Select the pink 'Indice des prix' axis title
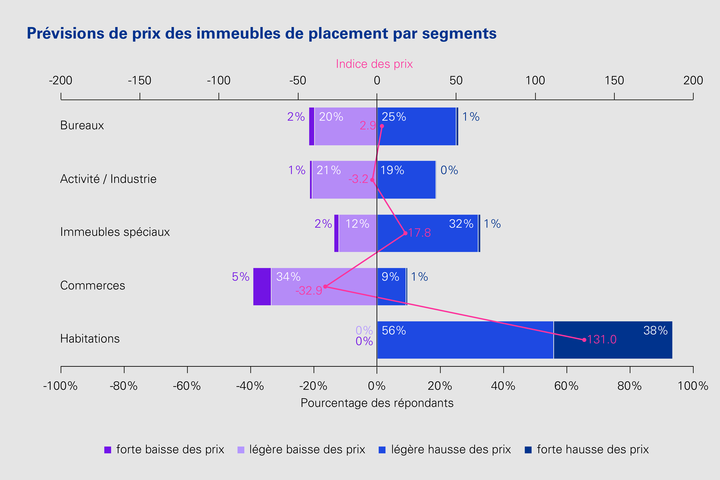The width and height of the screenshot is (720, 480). click(x=374, y=64)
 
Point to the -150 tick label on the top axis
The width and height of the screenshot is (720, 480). click(x=140, y=80)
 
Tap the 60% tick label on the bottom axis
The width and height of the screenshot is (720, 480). click(x=566, y=386)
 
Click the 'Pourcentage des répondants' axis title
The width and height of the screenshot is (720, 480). click(x=377, y=403)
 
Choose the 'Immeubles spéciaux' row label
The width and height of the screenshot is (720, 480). click(x=115, y=232)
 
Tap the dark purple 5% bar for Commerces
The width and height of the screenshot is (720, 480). click(x=262, y=287)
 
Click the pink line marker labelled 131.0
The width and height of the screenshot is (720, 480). click(x=584, y=340)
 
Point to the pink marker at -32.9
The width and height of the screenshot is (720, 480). click(x=325, y=287)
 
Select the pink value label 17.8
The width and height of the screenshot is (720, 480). click(x=419, y=233)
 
